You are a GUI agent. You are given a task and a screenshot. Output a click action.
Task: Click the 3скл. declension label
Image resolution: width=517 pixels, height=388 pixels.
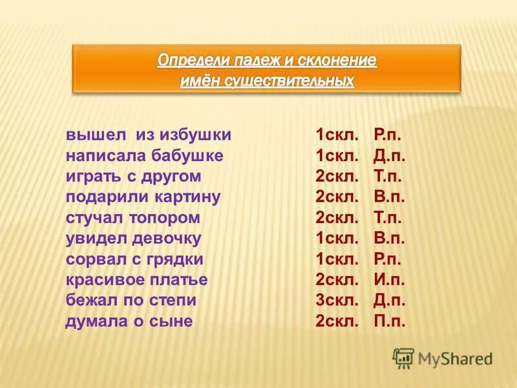click(x=337, y=300)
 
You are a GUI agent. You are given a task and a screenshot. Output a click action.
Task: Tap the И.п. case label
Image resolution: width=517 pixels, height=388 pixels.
click(x=389, y=279)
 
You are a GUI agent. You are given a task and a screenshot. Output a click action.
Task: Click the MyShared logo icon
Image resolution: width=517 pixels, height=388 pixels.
click(x=403, y=358)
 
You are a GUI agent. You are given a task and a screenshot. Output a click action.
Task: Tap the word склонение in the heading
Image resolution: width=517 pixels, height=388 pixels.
click(x=335, y=61)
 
